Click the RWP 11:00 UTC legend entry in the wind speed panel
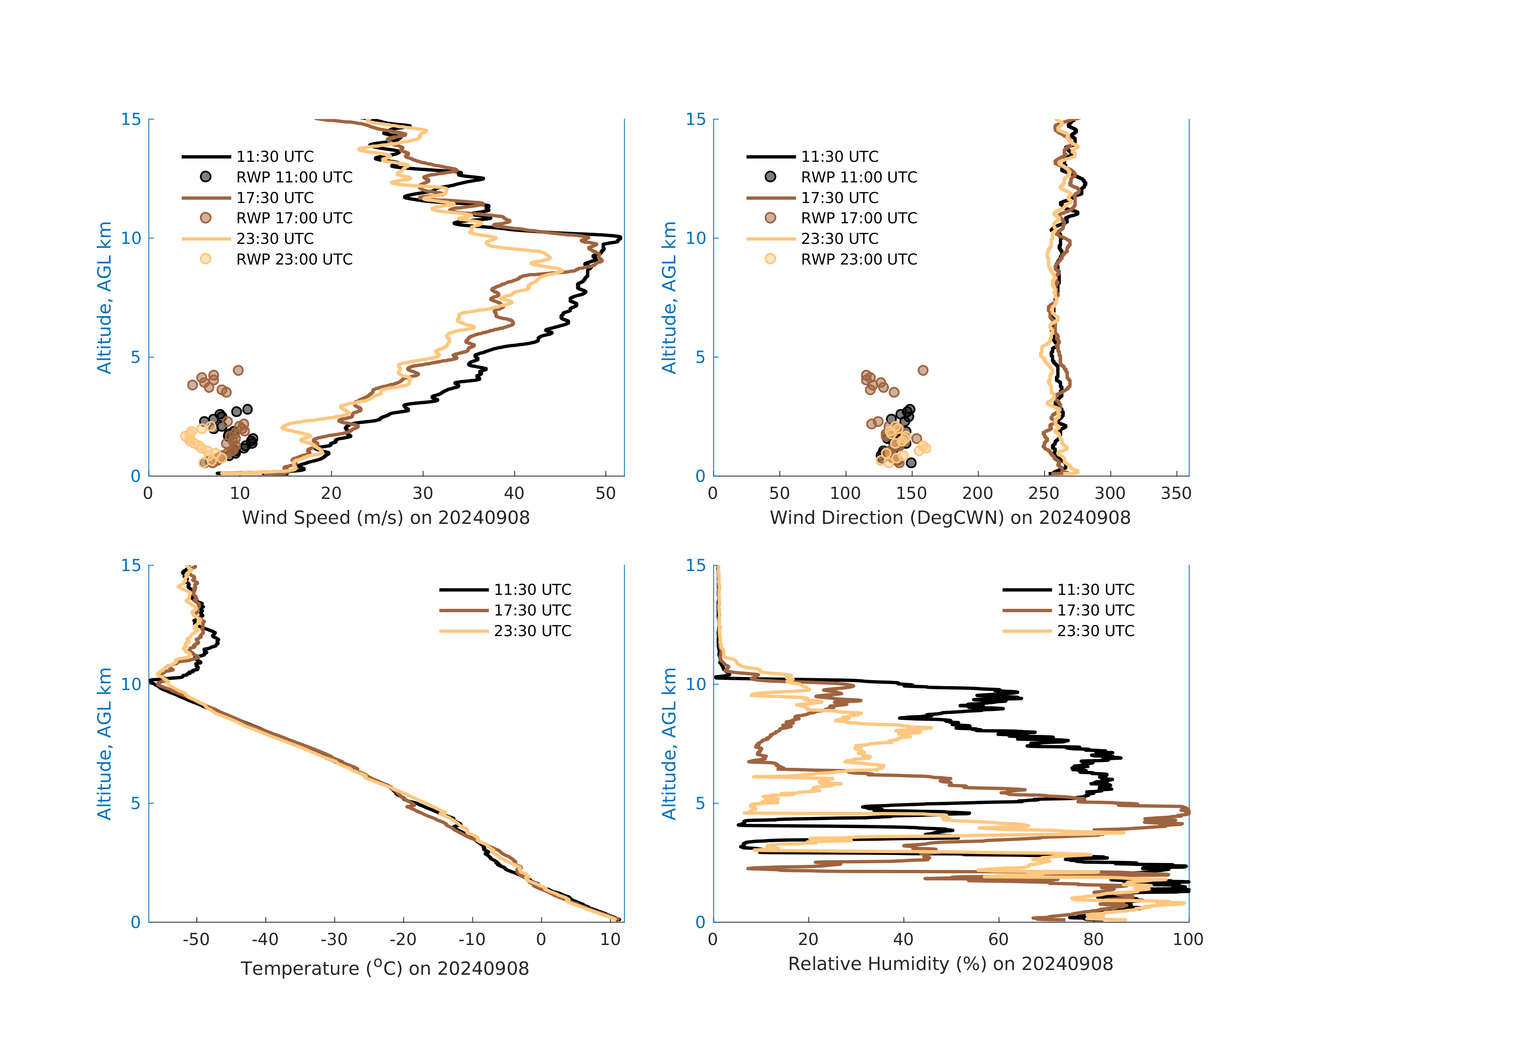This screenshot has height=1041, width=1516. tap(294, 177)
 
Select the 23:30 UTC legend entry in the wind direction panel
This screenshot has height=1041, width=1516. tap(839, 239)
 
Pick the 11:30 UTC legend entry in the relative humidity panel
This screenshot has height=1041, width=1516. tap(1095, 589)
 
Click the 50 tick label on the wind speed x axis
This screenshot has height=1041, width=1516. tap(605, 493)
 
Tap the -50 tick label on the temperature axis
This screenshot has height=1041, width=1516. tap(196, 940)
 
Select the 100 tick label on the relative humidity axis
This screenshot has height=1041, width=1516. tap(1188, 940)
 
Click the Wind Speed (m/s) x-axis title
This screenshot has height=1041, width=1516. tap(386, 518)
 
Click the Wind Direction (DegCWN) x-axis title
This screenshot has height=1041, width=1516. tap(950, 518)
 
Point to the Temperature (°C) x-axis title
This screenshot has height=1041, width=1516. tap(385, 968)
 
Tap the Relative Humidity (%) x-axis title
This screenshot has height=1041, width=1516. tap(950, 964)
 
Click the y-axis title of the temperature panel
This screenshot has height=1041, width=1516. tap(104, 744)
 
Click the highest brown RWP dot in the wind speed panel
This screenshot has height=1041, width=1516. tap(238, 370)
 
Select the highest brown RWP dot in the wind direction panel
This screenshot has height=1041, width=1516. tap(922, 370)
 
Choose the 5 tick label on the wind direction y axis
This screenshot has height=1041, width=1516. tap(700, 357)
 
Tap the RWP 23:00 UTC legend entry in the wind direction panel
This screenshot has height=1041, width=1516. tap(858, 259)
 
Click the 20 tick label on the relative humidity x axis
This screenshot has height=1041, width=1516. tap(808, 940)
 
